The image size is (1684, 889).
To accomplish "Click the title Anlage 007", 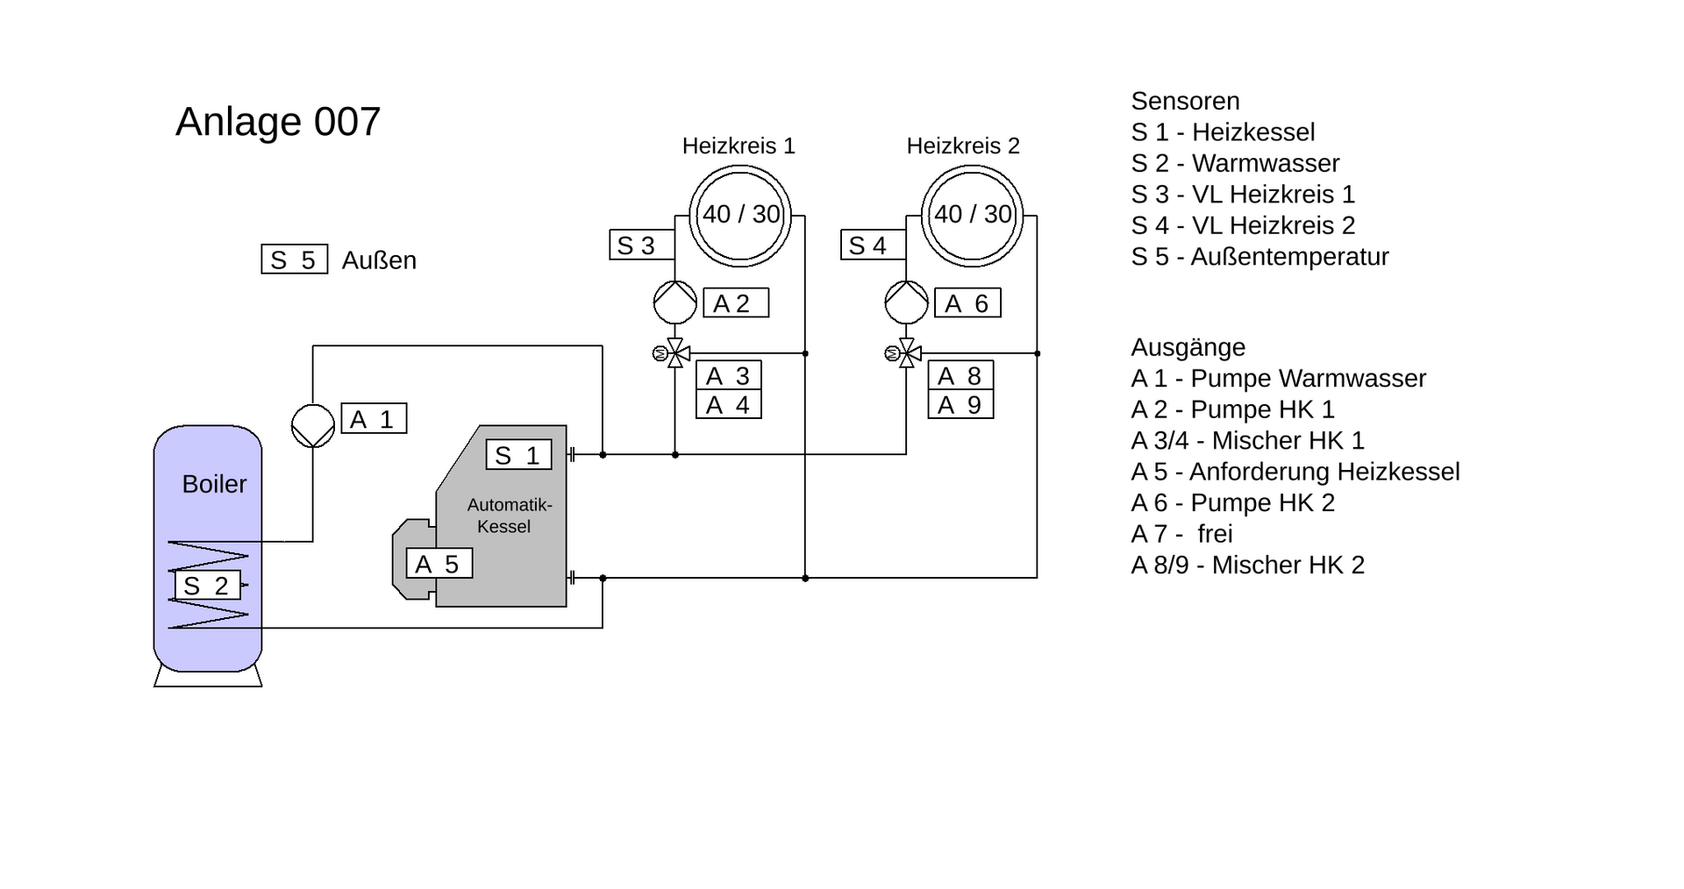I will tap(278, 122).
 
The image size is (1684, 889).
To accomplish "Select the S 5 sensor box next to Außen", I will tap(294, 260).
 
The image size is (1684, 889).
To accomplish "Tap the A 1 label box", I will tap(374, 419).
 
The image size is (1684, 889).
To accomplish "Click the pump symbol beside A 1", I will tap(313, 425).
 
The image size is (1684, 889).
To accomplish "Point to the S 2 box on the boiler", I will tap(207, 586).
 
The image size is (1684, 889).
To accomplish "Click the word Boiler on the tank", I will tap(214, 484).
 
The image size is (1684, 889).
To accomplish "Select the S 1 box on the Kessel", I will tap(518, 455).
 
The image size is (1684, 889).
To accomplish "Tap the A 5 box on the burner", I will tap(439, 564).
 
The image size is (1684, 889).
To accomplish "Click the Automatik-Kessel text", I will tap(508, 516).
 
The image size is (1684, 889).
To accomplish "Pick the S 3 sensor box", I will tap(641, 245).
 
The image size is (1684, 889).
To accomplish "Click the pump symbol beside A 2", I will tap(674, 302).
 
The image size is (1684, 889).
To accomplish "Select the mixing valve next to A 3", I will tap(675, 353).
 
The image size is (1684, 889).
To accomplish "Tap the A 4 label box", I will tap(728, 405).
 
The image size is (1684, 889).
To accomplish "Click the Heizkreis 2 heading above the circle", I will tap(963, 146).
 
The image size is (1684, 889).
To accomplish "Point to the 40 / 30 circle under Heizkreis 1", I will tap(740, 215).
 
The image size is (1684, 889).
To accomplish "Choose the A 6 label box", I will tap(967, 303).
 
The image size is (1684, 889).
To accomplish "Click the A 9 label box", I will tap(960, 405).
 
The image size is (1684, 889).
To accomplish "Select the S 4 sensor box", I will tap(873, 245).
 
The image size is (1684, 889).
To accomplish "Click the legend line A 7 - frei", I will tap(1181, 534).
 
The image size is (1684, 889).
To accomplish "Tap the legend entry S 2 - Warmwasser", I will tap(1235, 163).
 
